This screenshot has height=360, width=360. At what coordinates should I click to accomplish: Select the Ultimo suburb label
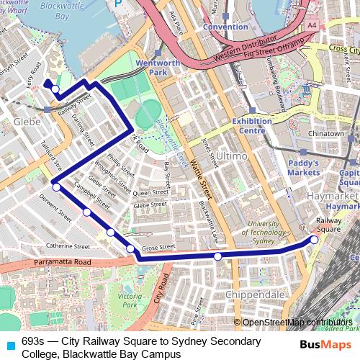(231, 156)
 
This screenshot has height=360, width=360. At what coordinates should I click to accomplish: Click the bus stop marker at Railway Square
(314, 239)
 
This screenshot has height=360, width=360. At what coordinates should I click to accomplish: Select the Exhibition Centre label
(251, 126)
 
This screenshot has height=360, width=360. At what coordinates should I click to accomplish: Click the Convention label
(225, 27)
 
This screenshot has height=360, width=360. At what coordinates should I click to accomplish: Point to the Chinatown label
(325, 134)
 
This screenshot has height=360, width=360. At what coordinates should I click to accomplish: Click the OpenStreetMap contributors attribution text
(297, 323)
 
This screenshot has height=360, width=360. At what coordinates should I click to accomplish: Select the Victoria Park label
(130, 300)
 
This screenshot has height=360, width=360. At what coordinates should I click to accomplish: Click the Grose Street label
(158, 247)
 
